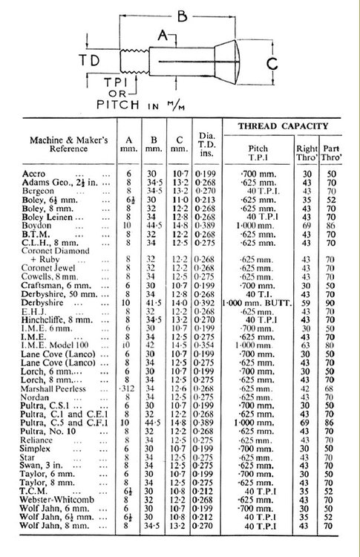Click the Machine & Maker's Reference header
(65, 146)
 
